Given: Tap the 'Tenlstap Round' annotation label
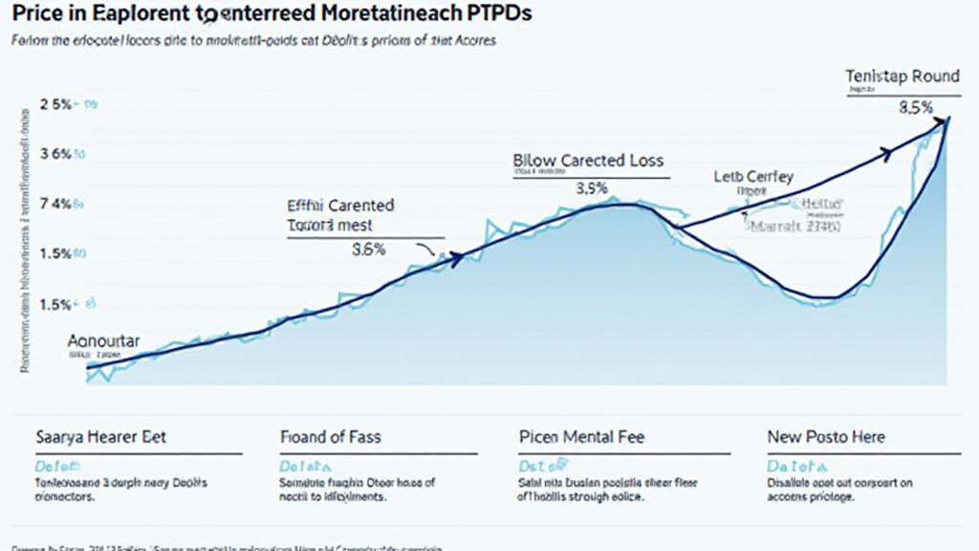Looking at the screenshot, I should [903, 77].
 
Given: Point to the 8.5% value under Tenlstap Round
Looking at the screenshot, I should [915, 108].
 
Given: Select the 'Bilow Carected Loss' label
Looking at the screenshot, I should [588, 161].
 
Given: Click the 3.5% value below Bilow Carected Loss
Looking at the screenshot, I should [592, 188].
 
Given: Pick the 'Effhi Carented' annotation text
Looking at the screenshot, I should [339, 205].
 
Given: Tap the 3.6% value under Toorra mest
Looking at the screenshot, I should [368, 250].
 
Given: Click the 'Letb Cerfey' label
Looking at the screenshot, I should [753, 177].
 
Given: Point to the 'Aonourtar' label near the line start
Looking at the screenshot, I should [104, 341].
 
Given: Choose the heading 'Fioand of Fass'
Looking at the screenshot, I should [331, 437].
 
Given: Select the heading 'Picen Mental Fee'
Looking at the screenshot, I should [581, 437].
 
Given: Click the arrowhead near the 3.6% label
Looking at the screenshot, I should [458, 256].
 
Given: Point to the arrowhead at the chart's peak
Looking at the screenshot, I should [944, 121].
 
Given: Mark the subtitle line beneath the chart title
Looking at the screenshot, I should [254, 42].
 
